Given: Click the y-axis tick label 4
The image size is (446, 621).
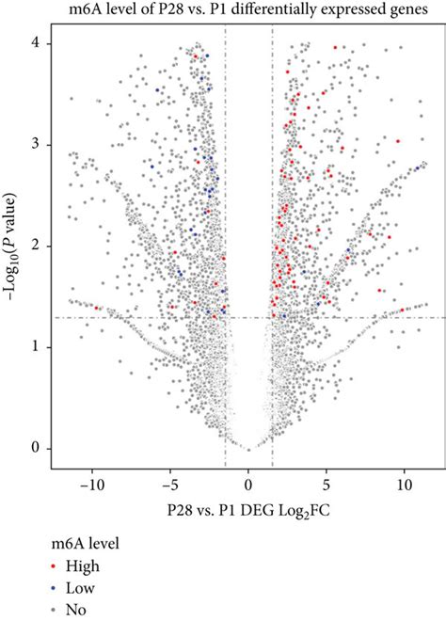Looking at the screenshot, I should click(37, 42).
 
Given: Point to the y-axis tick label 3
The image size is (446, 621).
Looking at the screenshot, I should click(37, 144).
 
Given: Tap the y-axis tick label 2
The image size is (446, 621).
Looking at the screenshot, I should click(37, 246).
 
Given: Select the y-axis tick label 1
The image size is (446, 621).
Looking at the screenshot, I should click(37, 347).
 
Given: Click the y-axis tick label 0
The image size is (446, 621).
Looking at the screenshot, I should click(37, 449).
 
